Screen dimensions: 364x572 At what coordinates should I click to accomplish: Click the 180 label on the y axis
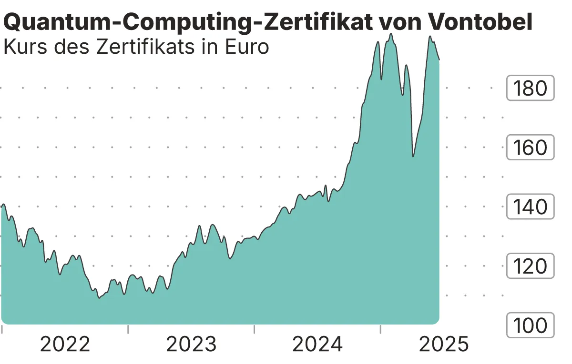[x=530, y=88]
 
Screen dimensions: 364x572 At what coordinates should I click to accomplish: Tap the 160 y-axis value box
[x=530, y=148]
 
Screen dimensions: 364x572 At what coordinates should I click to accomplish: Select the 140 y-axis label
[x=530, y=207]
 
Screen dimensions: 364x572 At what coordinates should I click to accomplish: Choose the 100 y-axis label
[x=530, y=325]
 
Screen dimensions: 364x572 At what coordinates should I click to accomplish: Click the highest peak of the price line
[x=391, y=34]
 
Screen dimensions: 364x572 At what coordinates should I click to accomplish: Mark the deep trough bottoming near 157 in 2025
[x=413, y=156]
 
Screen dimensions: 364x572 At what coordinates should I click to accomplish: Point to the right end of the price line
[x=439, y=60]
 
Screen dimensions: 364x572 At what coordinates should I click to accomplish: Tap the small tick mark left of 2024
[x=254, y=329]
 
